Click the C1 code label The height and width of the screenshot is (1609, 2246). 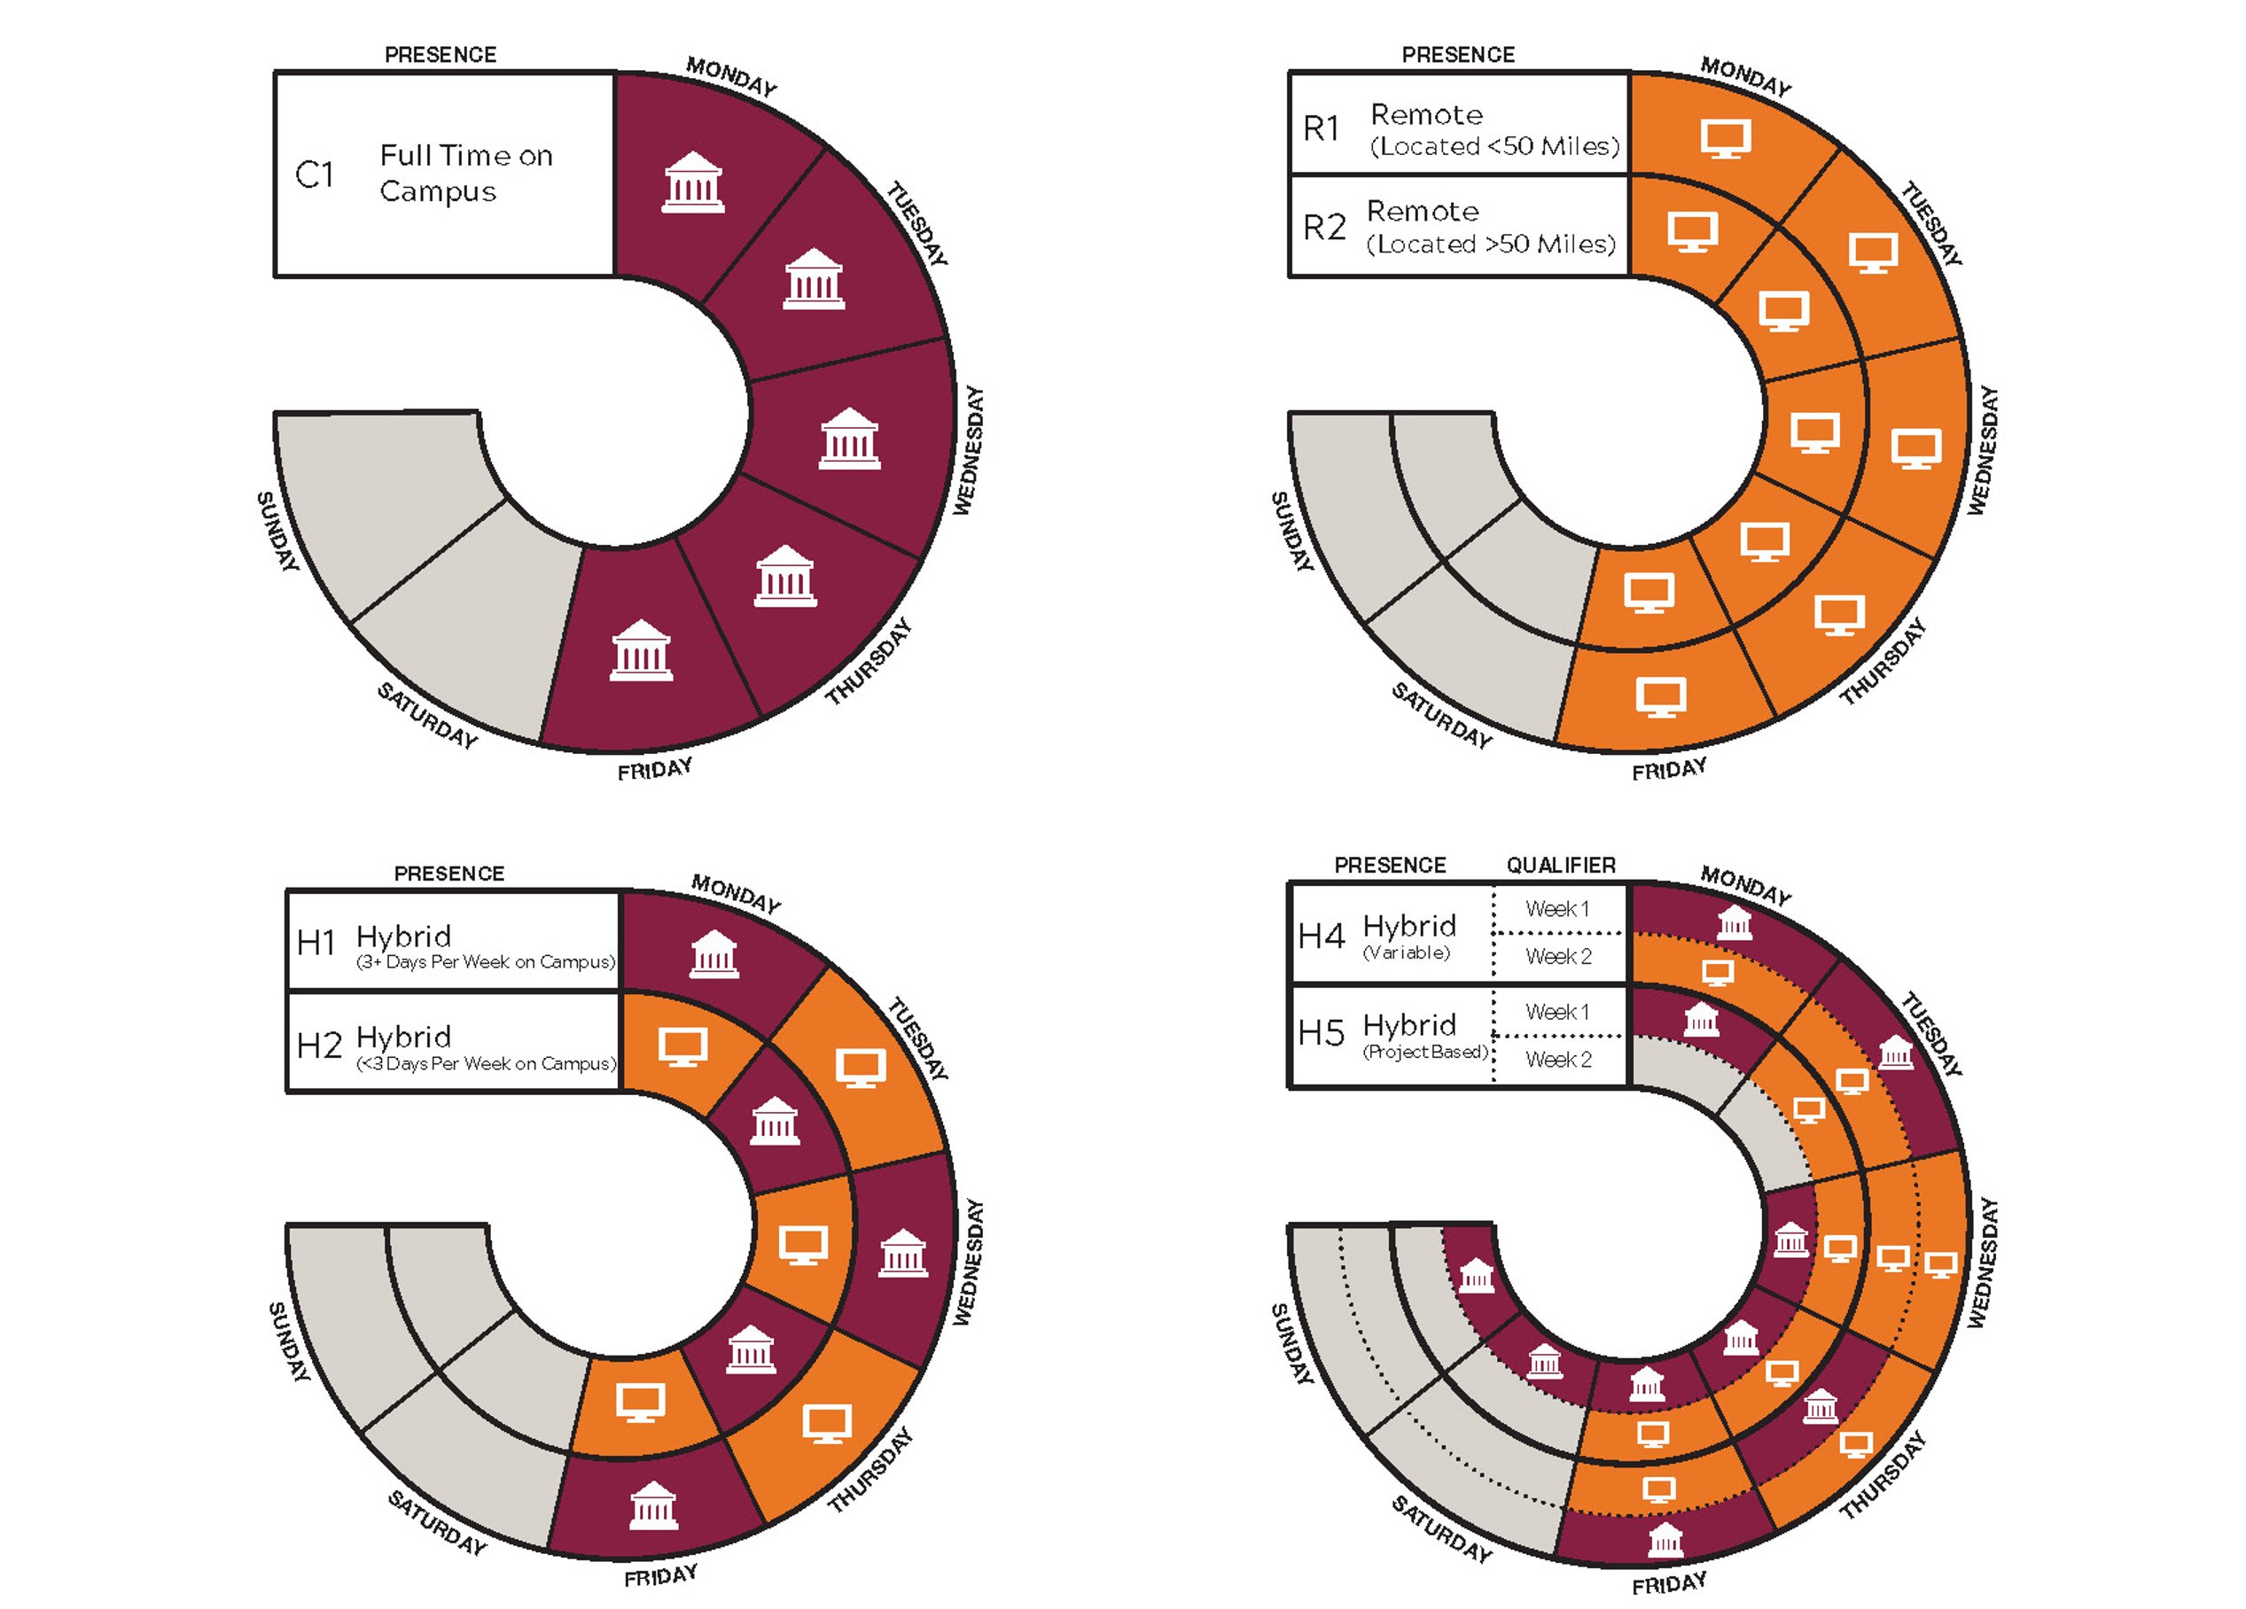(315, 175)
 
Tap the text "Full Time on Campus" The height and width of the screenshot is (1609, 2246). (465, 174)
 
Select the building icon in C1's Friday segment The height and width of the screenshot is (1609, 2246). (641, 650)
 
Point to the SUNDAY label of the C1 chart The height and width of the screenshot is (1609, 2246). (277, 532)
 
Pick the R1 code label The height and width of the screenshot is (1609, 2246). (1321, 128)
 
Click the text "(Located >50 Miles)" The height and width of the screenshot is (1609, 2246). (1491, 244)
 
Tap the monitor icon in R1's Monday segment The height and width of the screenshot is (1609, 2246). (1726, 138)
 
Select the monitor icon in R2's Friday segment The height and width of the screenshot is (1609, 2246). (1649, 593)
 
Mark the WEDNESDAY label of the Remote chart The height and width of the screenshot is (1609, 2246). (1982, 450)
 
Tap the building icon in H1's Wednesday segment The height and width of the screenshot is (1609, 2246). (903, 1253)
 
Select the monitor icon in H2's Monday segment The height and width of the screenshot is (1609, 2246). (683, 1046)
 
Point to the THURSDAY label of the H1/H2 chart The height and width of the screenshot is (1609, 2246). (870, 1471)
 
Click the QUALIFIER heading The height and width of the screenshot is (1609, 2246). (1561, 866)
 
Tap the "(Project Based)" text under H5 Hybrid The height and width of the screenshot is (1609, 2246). (1425, 1052)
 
